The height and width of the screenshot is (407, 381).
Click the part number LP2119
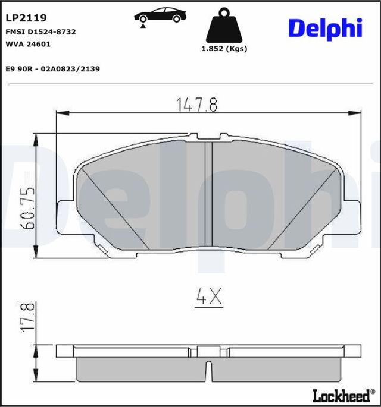(x=26, y=19)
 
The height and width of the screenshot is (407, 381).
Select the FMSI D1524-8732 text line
(x=40, y=31)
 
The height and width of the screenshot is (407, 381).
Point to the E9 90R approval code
(x=52, y=69)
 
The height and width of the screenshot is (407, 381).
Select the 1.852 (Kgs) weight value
(x=224, y=49)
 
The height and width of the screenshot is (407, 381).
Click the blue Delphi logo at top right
(x=325, y=27)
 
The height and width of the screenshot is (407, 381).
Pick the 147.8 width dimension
(x=196, y=105)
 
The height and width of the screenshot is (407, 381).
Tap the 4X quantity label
(x=208, y=297)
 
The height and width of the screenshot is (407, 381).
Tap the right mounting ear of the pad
(x=352, y=217)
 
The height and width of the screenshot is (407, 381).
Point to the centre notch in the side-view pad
(x=208, y=369)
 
